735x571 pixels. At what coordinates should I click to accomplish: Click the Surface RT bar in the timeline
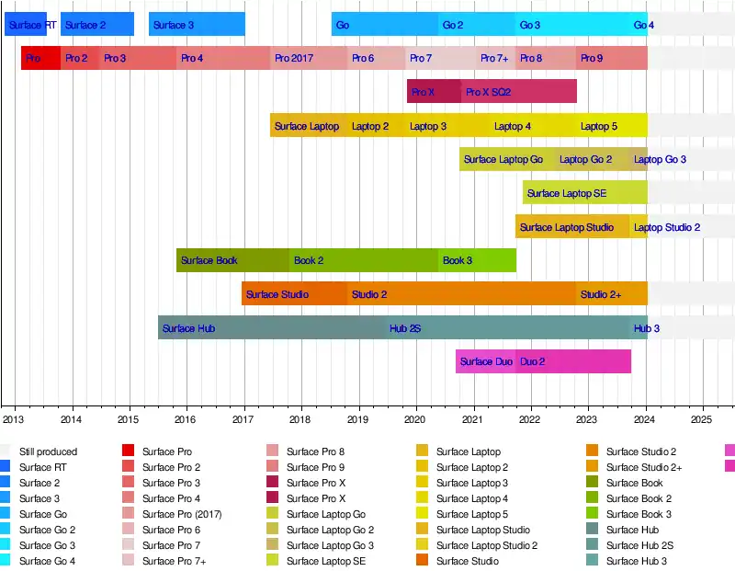[26, 25]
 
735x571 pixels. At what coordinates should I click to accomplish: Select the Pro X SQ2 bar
[519, 92]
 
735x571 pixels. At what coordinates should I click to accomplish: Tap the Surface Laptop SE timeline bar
[584, 193]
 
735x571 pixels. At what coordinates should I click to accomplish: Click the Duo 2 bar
[573, 361]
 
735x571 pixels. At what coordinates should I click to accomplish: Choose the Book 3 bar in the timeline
[477, 260]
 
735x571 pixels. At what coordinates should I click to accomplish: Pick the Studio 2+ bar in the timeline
[611, 294]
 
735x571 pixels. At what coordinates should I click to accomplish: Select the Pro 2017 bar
[309, 59]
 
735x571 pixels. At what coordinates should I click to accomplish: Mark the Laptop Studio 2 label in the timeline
[667, 227]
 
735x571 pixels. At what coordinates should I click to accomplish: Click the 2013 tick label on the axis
[13, 419]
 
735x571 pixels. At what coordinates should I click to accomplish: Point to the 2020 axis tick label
[416, 419]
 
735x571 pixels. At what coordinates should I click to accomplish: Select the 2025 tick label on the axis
[703, 419]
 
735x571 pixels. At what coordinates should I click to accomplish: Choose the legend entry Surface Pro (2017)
[181, 514]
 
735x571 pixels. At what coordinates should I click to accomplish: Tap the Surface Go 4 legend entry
[47, 561]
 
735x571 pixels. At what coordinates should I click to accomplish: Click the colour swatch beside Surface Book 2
[593, 498]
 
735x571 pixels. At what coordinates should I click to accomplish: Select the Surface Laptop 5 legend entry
[471, 514]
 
